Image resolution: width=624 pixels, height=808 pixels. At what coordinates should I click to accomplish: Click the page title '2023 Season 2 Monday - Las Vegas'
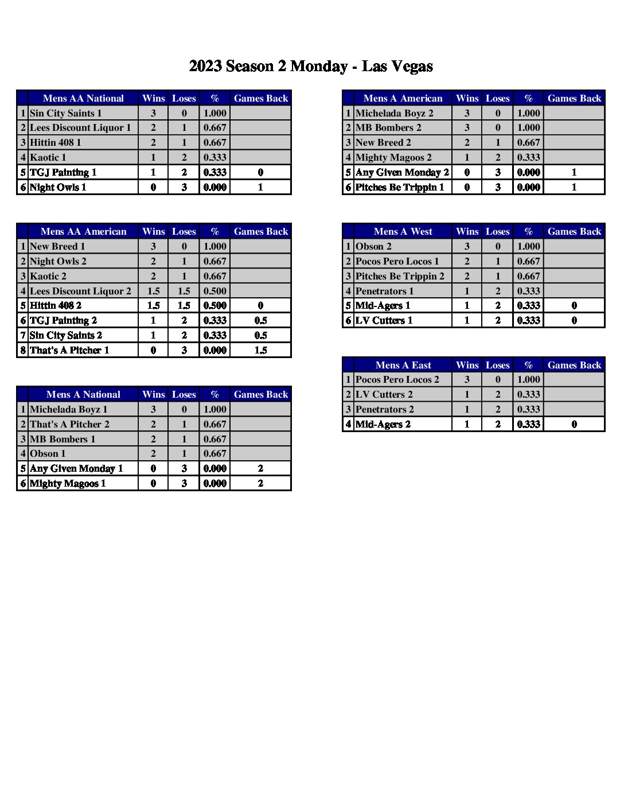(311, 67)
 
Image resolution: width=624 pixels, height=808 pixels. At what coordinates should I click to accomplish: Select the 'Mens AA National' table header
(83, 98)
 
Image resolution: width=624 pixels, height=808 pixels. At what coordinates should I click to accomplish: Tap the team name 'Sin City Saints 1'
(66, 113)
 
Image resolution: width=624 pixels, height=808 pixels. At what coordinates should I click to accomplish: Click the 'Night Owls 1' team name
(58, 187)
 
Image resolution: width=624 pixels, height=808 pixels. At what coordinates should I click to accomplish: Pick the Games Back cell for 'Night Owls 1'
(260, 187)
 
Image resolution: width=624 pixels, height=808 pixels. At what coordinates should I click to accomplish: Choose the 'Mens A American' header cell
(403, 98)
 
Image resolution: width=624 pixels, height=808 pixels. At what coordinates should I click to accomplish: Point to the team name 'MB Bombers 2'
(388, 127)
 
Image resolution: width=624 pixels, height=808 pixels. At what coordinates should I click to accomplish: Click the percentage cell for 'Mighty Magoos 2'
(528, 157)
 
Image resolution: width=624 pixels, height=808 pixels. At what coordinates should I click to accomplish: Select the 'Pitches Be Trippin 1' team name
(400, 187)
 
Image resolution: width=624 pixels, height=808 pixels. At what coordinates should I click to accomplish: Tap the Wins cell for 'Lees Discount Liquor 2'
(153, 291)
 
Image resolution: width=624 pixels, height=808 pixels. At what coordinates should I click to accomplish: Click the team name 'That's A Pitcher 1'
(69, 350)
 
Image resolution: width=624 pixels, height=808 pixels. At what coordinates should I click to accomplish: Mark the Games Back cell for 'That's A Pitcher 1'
(260, 350)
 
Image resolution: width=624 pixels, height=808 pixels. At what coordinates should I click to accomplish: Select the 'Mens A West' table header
(403, 231)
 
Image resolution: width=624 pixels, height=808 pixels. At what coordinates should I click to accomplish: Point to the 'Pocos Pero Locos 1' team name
(397, 261)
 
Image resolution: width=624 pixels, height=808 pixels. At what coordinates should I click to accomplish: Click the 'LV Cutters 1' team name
(384, 320)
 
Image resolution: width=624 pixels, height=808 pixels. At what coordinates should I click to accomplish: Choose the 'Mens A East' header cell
(403, 365)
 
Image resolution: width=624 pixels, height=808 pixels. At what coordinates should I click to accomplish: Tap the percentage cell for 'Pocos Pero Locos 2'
(528, 379)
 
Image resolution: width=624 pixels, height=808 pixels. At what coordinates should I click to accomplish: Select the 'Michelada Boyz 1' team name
(69, 409)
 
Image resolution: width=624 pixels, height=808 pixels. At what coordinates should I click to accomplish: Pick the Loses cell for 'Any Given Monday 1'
(184, 468)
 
